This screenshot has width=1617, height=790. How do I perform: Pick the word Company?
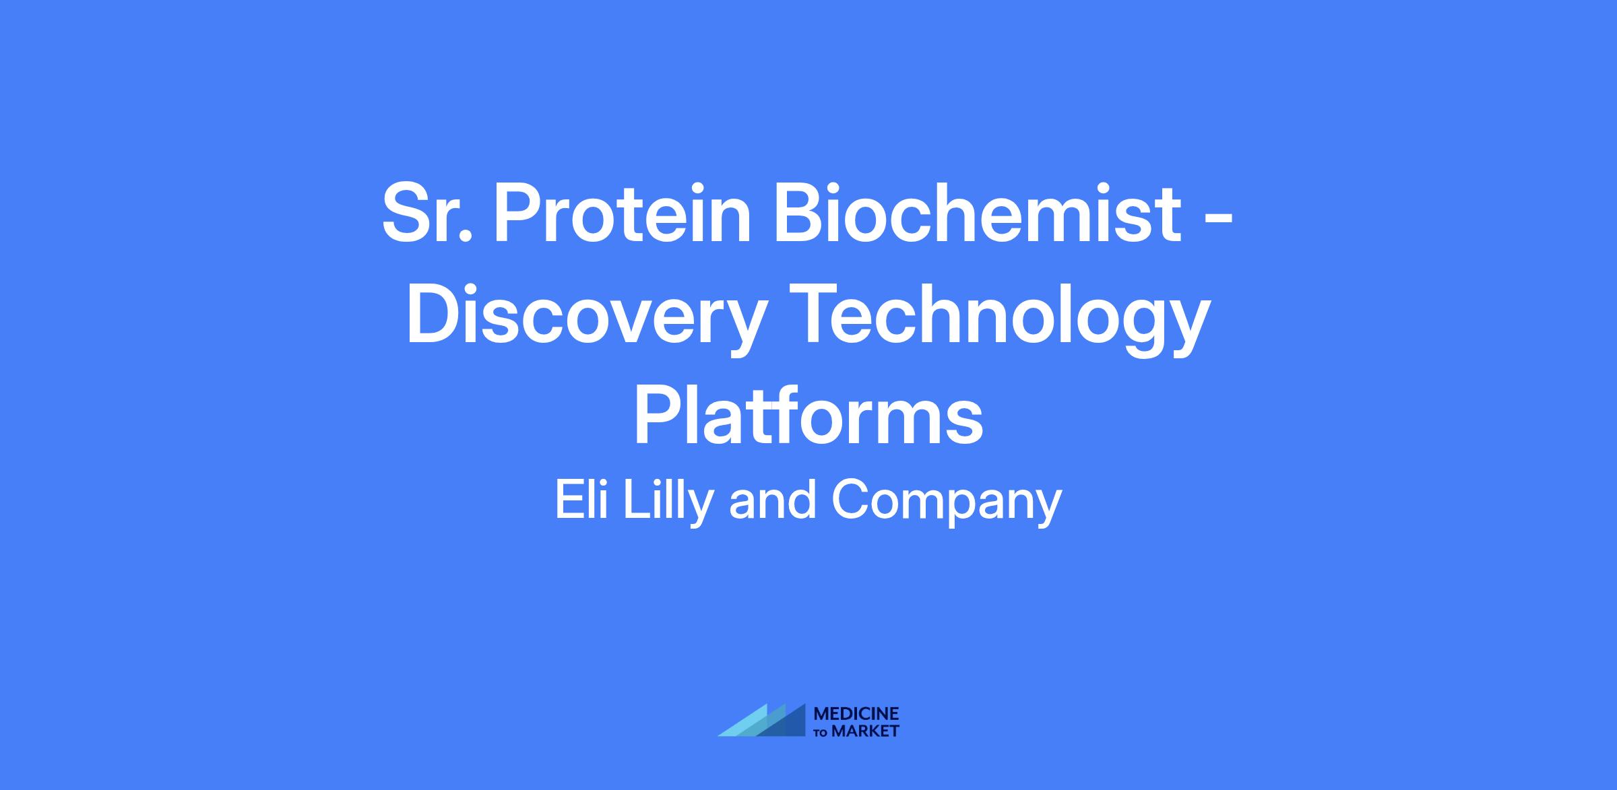click(947, 503)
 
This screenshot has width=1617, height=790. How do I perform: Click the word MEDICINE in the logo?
click(856, 714)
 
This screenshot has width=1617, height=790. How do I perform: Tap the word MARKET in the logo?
click(865, 731)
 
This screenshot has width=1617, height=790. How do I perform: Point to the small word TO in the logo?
click(821, 732)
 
